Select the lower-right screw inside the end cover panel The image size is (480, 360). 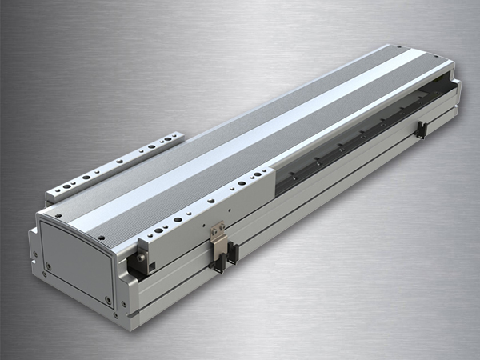point(108,299)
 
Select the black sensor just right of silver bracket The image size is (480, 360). point(232,253)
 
